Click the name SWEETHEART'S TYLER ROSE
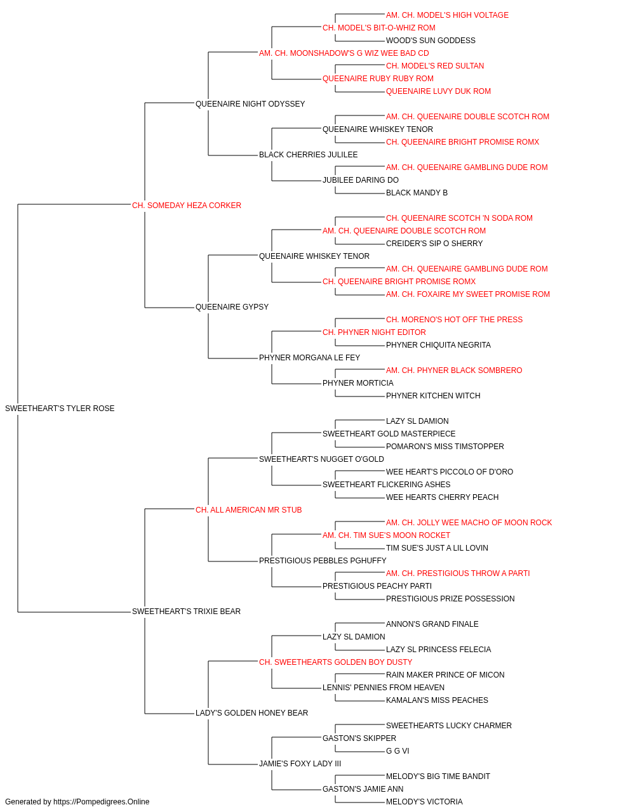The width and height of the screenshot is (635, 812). point(60,409)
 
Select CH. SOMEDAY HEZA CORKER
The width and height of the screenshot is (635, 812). point(187,206)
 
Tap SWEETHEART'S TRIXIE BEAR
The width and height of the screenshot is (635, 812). point(186,612)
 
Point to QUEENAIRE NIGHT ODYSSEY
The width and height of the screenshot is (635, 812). point(250,104)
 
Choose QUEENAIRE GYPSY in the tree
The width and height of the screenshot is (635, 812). point(232,307)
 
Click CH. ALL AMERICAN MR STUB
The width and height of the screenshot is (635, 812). point(249,510)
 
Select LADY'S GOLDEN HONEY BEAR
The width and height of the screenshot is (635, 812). point(251,713)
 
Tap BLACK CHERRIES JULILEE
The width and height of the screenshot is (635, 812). point(308,155)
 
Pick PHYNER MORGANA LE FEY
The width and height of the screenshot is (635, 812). point(309,358)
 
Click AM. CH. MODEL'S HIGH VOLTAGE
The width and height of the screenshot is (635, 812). point(447,15)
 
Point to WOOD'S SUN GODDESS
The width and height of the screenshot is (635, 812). point(431,41)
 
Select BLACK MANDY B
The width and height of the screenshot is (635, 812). point(417,193)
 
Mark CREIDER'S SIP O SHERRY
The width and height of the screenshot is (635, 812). point(434,244)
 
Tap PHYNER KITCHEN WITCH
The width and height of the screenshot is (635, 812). point(433,396)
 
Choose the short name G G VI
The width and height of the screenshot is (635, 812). point(398,751)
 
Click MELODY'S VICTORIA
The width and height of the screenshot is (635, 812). point(424,802)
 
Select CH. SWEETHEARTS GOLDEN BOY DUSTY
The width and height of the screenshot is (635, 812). point(335,662)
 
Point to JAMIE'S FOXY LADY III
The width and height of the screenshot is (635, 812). point(300,764)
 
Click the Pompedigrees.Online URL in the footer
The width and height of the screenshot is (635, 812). point(101,802)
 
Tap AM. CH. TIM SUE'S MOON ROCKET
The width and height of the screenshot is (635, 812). point(386,535)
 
